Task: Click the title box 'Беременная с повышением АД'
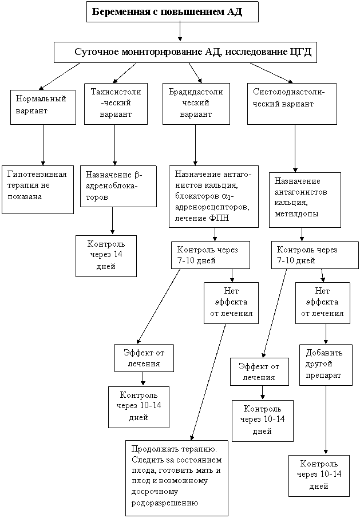click(172, 11)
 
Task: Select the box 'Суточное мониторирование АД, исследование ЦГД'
click(185, 52)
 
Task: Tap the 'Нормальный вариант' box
click(43, 107)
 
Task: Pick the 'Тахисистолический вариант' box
click(116, 104)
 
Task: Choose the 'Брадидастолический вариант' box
click(196, 104)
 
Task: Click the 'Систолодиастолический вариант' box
click(292, 104)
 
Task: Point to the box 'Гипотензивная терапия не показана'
click(38, 189)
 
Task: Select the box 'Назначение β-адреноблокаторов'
click(118, 187)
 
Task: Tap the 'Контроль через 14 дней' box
click(106, 256)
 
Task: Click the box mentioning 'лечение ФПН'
click(213, 196)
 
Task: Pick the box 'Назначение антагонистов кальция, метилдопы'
click(305, 200)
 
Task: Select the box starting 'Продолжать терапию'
click(177, 478)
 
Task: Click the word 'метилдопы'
click(296, 213)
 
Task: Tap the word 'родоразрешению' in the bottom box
click(165, 503)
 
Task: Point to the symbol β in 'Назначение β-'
click(137, 175)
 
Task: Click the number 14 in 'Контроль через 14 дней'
click(117, 254)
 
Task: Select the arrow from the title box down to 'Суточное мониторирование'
click(180, 31)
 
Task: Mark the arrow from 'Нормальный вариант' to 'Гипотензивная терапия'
click(43, 145)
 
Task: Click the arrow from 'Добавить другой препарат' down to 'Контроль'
click(326, 420)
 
